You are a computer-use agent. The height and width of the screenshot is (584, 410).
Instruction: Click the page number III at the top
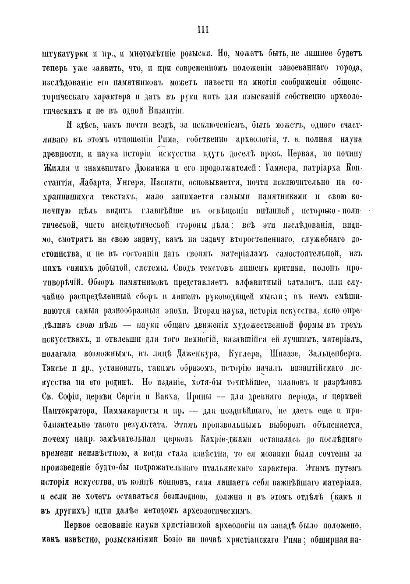point(203,30)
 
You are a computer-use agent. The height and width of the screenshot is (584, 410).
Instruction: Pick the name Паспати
point(165,181)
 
